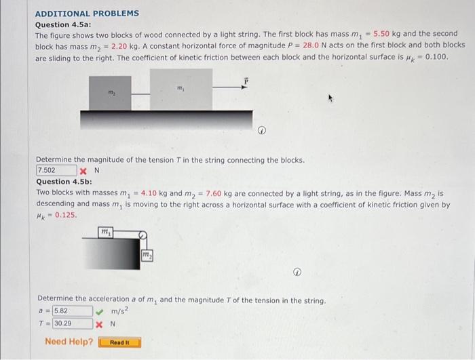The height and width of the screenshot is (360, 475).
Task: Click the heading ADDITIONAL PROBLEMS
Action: coord(86,13)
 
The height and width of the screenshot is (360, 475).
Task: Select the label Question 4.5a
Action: coord(62,24)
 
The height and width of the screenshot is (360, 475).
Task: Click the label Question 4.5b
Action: coord(63,182)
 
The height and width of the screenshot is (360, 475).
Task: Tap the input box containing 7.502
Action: coord(56,170)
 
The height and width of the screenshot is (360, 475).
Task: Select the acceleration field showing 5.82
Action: coord(72,311)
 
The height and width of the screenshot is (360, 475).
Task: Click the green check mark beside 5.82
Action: coord(100,311)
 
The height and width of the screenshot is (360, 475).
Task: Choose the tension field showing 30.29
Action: coord(72,323)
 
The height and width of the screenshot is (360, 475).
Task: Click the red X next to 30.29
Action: coord(100,324)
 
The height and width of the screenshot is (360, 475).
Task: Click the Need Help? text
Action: coord(69,342)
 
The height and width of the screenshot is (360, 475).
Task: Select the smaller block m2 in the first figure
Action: coord(110,94)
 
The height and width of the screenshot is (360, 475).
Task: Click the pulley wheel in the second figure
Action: coord(142,236)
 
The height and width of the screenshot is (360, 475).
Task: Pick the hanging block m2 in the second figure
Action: coord(146,254)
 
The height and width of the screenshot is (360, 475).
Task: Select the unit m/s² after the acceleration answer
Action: coord(121,311)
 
